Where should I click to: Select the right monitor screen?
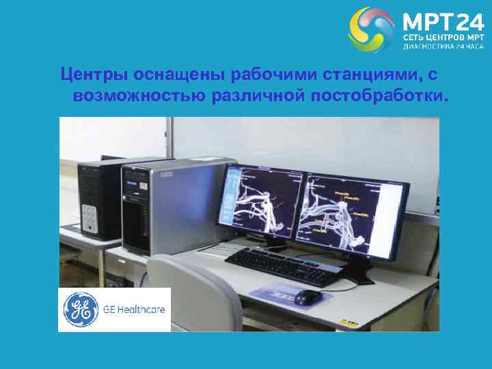(x=354, y=212)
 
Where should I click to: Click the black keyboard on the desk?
(x=284, y=265)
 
